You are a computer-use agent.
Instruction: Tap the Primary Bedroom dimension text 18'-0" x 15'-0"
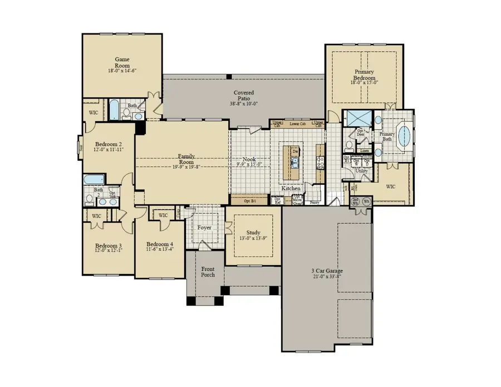(x=365, y=82)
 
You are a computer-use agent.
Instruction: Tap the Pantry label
(x=315, y=203)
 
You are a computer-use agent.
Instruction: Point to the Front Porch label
(x=207, y=272)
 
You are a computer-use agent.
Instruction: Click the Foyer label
(x=204, y=227)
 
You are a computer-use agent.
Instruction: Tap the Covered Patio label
(x=243, y=96)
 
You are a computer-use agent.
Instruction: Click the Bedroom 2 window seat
(x=80, y=148)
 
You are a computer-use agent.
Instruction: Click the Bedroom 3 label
(x=108, y=246)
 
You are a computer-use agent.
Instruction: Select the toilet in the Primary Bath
(x=348, y=146)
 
